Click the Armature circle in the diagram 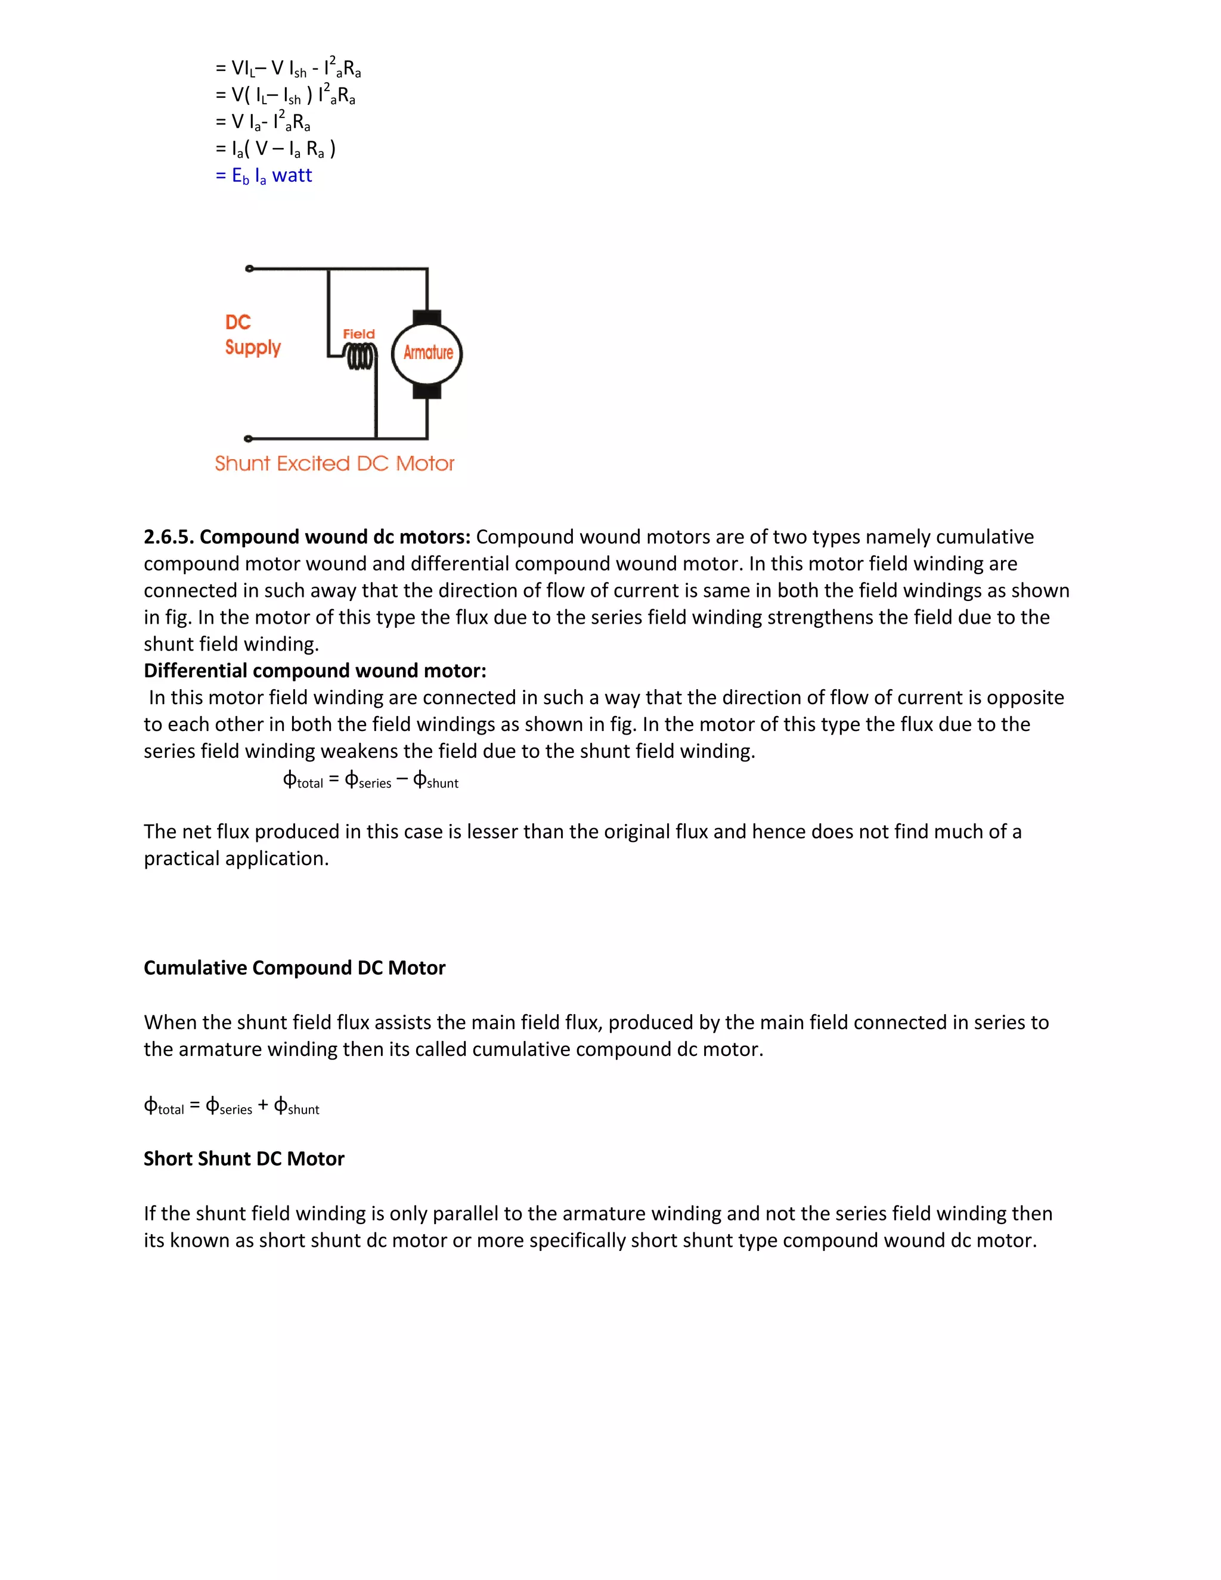(427, 353)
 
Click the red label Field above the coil (359, 333)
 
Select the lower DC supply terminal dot (248, 438)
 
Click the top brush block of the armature (427, 318)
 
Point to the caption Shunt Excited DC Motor (334, 464)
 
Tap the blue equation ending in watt (264, 176)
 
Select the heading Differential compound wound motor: (315, 671)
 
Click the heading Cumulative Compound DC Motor (295, 968)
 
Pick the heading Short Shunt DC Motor (244, 1159)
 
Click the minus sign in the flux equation (402, 780)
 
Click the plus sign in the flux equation (264, 1105)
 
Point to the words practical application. (236, 859)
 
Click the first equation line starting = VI (288, 69)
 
